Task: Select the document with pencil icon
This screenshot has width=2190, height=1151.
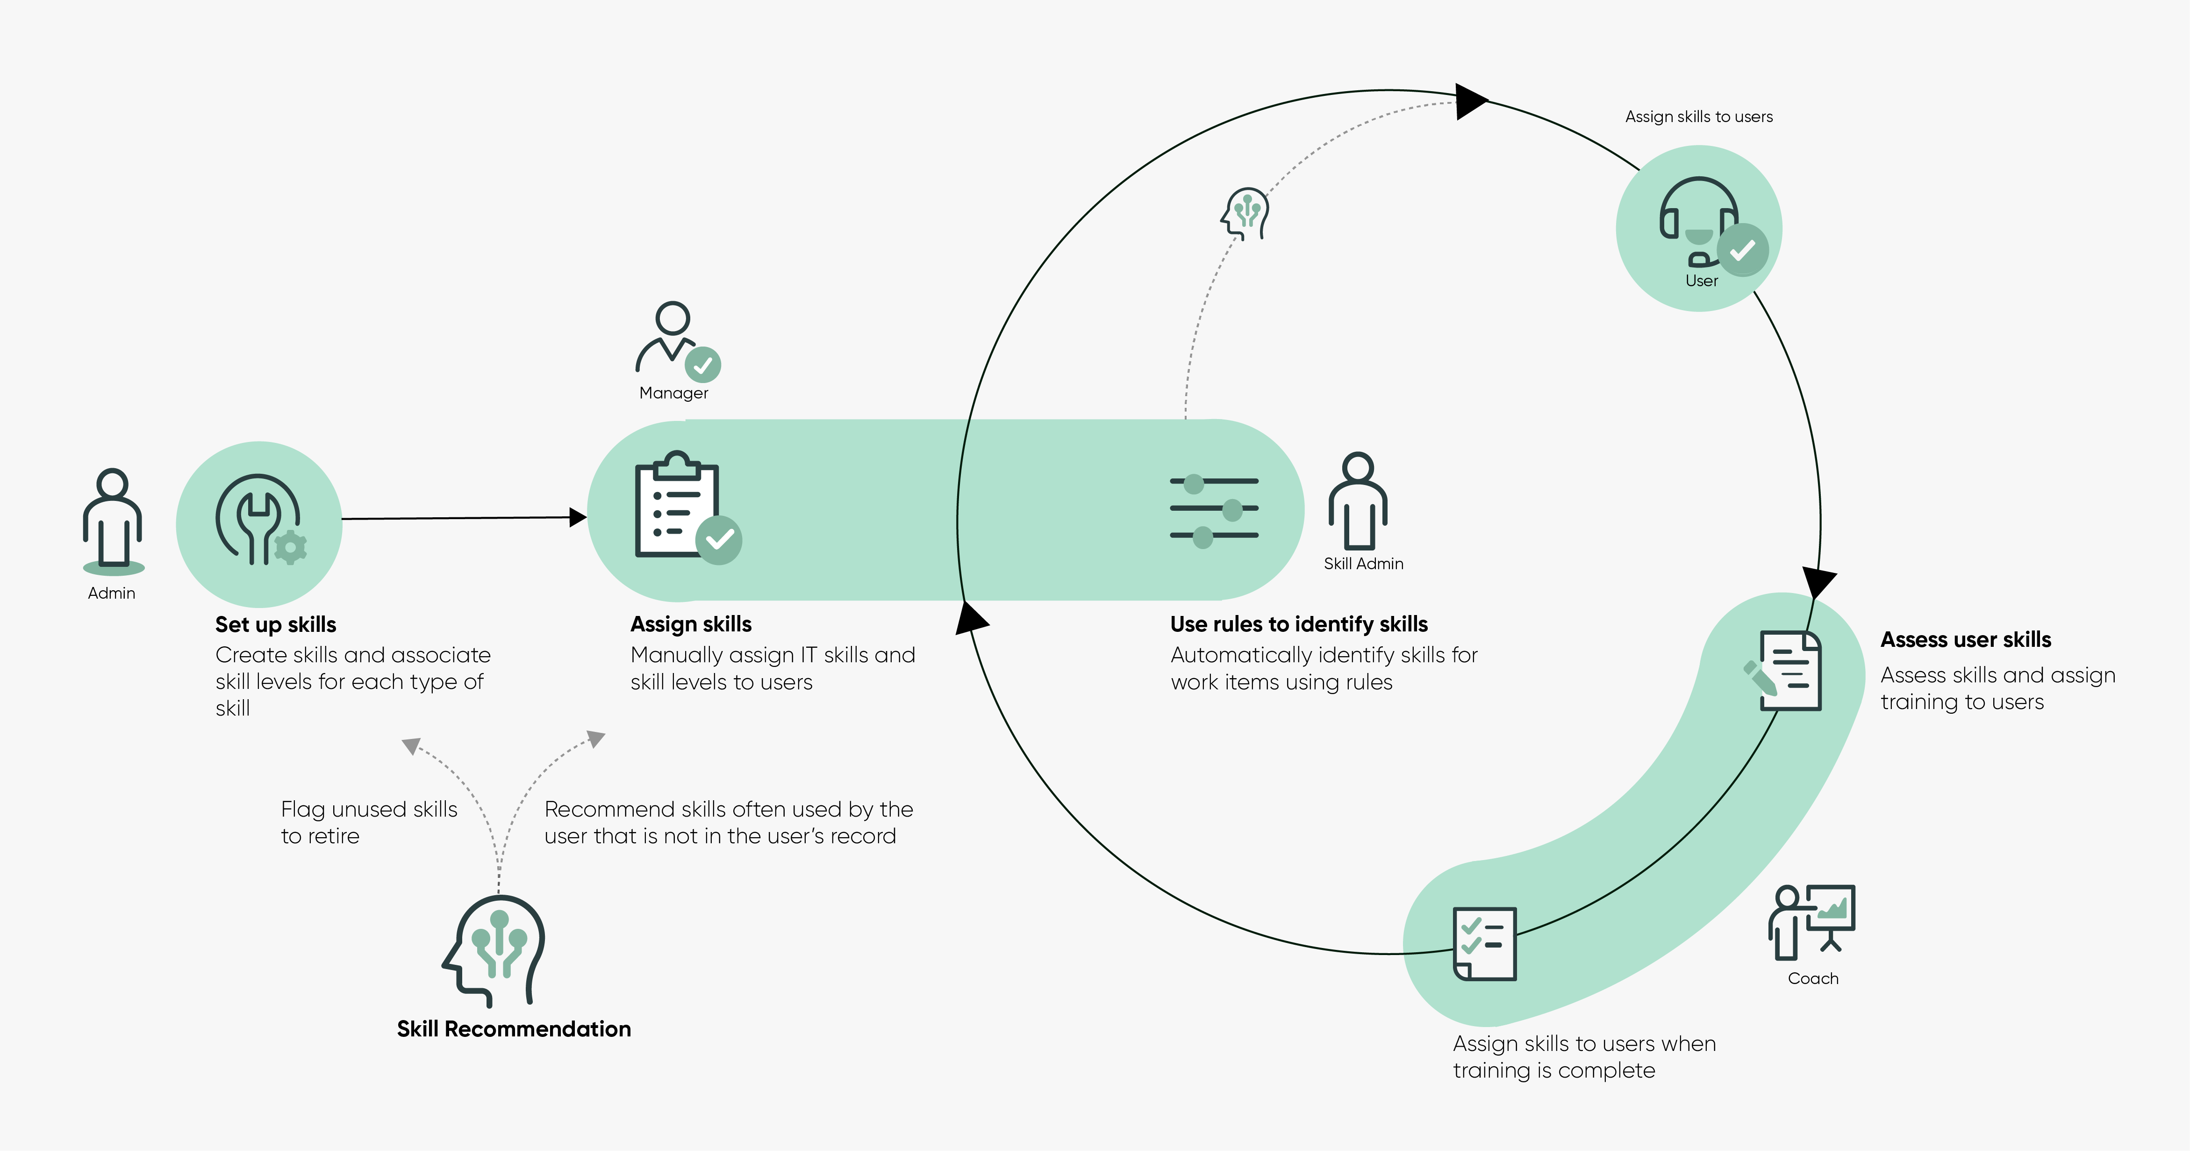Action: [x=1783, y=670]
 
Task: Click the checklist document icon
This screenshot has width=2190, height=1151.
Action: [x=1484, y=943]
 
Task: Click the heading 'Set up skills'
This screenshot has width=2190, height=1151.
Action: [x=275, y=624]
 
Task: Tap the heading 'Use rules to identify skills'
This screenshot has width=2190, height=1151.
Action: [x=1299, y=624]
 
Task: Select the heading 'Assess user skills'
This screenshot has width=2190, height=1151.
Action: [x=1966, y=640]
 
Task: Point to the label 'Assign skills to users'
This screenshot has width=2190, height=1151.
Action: [x=1699, y=116]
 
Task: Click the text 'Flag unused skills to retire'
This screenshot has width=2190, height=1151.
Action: [x=369, y=822]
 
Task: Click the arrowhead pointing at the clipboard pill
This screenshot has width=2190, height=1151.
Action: [x=578, y=516]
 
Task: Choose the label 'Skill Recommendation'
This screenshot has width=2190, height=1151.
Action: [x=514, y=1029]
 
